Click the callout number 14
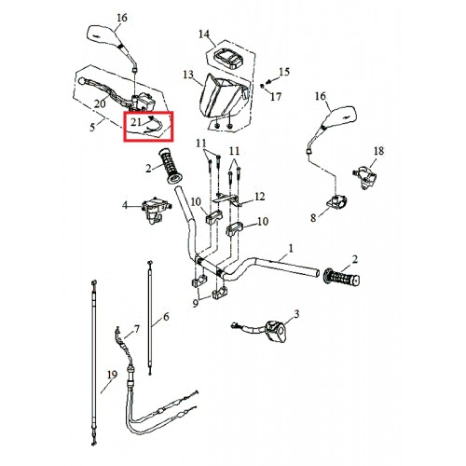point(204,34)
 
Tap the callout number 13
point(188,75)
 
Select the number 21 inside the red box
point(136,122)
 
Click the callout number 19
point(112,375)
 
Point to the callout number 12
point(260,197)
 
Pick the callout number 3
point(296,314)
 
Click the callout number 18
point(378,151)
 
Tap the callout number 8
point(313,218)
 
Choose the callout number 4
point(125,205)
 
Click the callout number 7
point(137,329)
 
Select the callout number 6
point(166,317)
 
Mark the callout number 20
point(100,103)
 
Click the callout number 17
point(276,97)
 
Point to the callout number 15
point(284,72)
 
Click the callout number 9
point(195,303)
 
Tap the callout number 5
point(92,128)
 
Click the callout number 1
point(291,249)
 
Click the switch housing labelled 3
point(275,332)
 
